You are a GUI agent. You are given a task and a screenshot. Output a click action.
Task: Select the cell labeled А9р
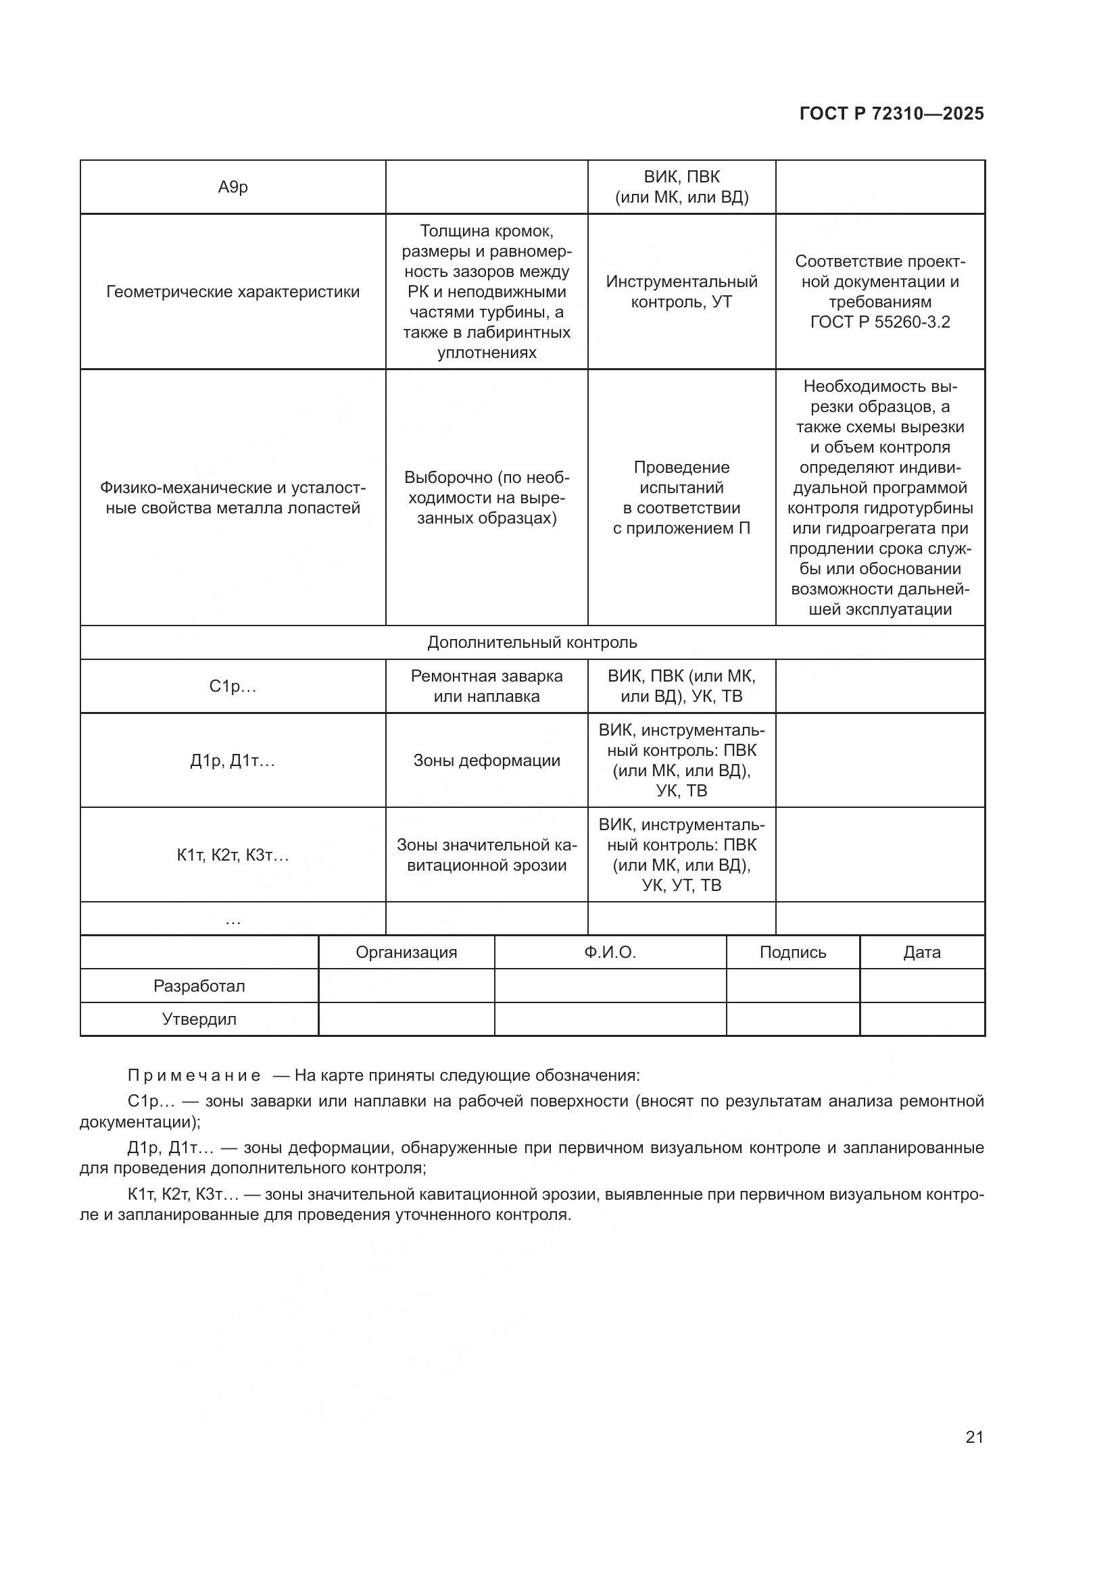coord(233,187)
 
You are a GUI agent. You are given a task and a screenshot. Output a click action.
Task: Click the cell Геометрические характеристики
coord(233,292)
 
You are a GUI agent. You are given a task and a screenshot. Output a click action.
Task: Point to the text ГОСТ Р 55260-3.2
coord(880,322)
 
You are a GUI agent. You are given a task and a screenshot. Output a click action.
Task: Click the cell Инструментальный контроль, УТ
coord(681,292)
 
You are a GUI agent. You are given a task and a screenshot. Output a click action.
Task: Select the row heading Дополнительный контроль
coord(532,642)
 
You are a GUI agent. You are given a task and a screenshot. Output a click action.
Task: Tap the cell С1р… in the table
coord(233,686)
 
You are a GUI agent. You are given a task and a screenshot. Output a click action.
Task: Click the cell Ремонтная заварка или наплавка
coord(487,686)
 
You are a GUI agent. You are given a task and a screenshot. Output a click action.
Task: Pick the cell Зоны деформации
coord(487,761)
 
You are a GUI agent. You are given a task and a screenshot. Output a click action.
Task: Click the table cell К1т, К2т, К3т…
coord(233,855)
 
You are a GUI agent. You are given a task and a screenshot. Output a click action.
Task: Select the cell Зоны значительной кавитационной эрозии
coord(487,855)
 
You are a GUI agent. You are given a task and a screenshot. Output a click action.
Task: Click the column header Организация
coord(406,952)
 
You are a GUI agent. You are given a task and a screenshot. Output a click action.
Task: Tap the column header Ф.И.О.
coord(610,952)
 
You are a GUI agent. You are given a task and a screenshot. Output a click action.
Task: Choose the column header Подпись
coord(792,952)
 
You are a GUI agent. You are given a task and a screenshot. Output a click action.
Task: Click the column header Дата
coord(922,952)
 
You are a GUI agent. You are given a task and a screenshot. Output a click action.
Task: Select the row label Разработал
coord(199,986)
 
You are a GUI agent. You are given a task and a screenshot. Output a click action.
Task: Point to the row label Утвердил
coord(199,1019)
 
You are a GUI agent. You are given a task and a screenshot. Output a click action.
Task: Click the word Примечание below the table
coord(194,1075)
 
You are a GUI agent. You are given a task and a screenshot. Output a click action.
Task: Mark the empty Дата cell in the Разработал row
coord(922,986)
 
